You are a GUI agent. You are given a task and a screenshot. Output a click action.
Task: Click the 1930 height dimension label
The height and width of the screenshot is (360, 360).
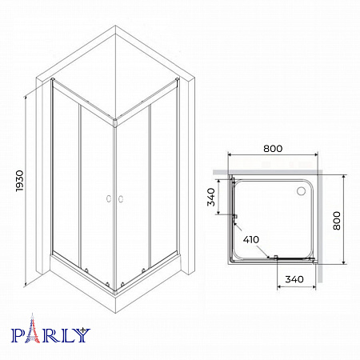pyautogui.click(x=19, y=181)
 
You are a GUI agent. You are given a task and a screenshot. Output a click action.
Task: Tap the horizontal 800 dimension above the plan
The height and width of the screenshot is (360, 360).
pyautogui.click(x=273, y=149)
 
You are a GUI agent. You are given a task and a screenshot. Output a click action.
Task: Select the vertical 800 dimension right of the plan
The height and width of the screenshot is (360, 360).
pyautogui.click(x=337, y=221)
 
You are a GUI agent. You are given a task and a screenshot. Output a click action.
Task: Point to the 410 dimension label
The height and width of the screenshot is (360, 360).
pyautogui.click(x=251, y=239)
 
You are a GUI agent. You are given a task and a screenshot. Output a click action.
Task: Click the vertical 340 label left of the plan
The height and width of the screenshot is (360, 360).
pyautogui.click(x=211, y=197)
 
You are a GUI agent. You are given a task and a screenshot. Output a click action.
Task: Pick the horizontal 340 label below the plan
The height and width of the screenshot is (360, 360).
pyautogui.click(x=294, y=279)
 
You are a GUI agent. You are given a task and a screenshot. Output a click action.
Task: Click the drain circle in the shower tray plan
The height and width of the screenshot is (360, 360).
pyautogui.click(x=302, y=190)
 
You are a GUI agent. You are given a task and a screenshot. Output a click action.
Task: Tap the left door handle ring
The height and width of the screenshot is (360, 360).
pyautogui.click(x=109, y=198)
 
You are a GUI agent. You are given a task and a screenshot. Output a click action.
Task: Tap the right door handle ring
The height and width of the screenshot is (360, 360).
pyautogui.click(x=121, y=198)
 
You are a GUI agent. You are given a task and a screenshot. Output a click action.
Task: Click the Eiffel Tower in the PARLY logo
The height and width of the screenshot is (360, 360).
pyautogui.click(x=32, y=328)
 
